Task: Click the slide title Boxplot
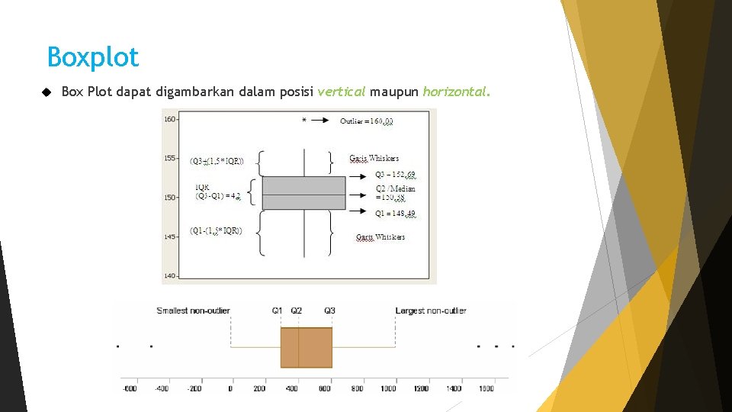93,57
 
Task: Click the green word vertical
342,92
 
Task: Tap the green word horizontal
456,92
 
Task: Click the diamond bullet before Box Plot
46,92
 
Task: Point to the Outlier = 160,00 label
367,121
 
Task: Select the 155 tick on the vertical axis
170,158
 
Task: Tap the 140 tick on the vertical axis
170,275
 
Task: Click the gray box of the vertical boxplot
303,192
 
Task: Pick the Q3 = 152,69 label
395,175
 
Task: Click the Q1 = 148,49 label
395,213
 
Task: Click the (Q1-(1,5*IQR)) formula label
216,231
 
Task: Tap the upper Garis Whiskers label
374,159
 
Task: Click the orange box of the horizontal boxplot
306,347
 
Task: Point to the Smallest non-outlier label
193,311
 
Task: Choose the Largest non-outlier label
431,311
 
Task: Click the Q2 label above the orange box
296,311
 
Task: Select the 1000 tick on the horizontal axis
388,388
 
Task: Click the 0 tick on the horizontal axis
230,388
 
